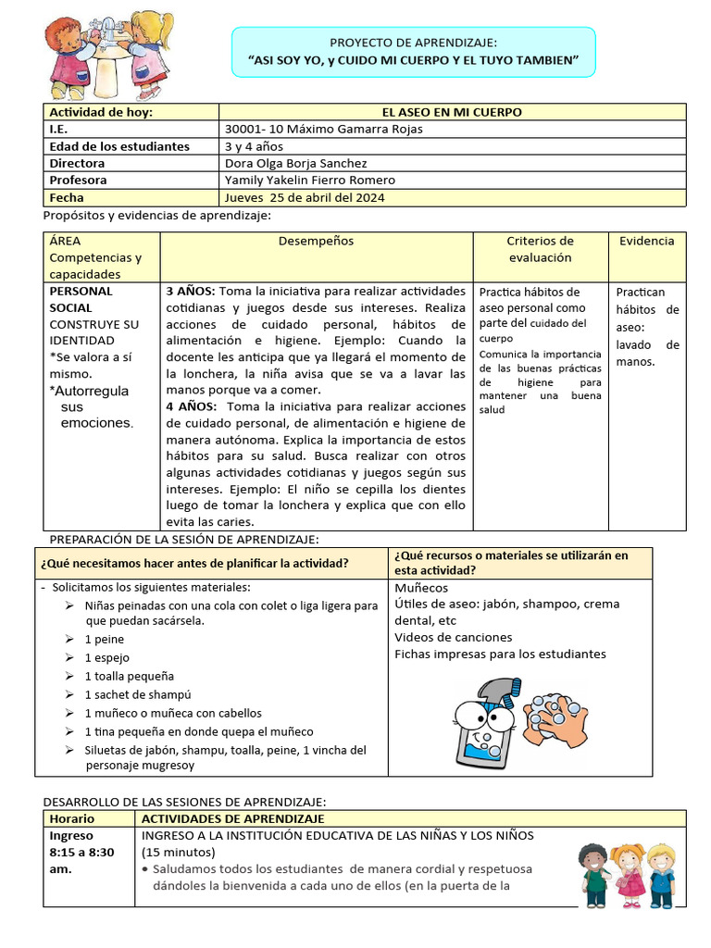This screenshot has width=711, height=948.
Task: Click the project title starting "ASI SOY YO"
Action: (413, 60)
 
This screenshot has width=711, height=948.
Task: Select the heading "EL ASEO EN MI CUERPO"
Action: (453, 112)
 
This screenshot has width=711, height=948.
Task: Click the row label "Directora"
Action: (77, 163)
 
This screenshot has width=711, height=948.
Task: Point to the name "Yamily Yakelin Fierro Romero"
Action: (309, 180)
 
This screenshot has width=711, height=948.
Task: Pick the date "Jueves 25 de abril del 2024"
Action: (305, 197)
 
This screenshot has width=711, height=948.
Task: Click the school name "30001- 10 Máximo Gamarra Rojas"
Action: (323, 129)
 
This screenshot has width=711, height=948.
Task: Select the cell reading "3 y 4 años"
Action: (254, 146)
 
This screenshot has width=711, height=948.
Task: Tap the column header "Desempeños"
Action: (316, 241)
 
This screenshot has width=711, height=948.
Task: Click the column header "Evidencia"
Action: (646, 241)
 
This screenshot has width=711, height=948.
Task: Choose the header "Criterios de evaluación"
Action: (540, 249)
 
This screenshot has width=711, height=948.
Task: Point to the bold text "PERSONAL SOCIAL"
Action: (81, 299)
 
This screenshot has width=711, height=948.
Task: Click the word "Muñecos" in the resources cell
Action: (420, 587)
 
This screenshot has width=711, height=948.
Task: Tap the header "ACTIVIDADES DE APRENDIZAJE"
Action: (232, 819)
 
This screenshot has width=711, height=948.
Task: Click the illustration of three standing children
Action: (628, 876)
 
